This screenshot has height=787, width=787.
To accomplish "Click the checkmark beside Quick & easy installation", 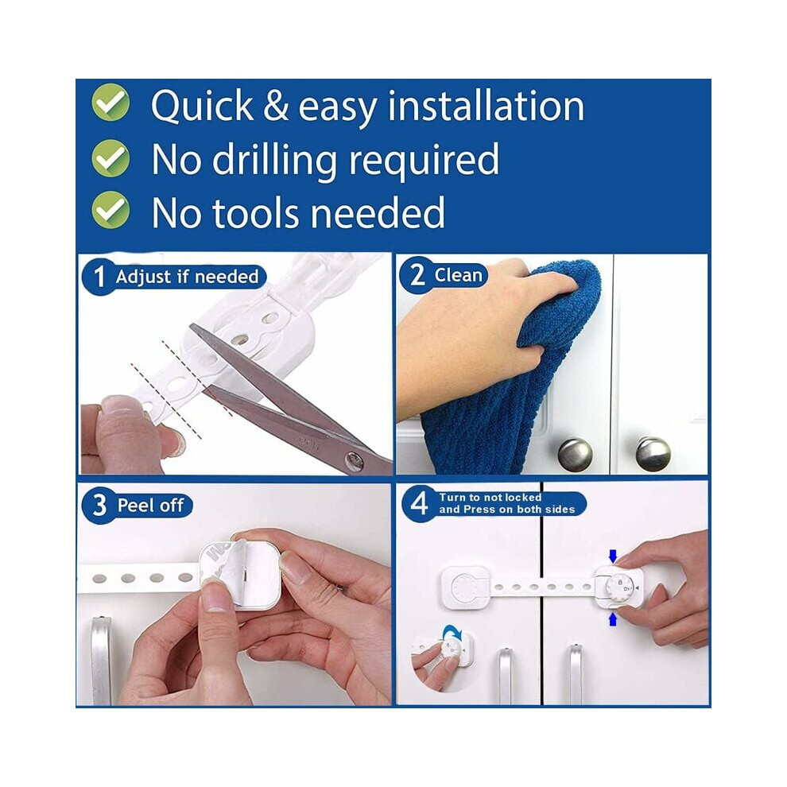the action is point(110,103).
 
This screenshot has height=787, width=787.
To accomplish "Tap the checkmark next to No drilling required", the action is point(110,157).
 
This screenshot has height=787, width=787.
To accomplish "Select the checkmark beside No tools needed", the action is point(110,211).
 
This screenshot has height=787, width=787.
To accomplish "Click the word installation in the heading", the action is point(487,106).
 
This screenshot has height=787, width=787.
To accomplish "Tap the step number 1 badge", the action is point(99,276).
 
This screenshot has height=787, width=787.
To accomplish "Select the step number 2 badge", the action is point(417,276).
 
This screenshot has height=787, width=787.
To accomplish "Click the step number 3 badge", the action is point(99,505).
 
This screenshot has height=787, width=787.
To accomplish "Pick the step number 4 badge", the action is point(419,503).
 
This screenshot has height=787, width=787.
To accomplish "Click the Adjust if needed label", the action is point(187,277).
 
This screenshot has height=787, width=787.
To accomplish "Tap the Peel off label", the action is point(150,505).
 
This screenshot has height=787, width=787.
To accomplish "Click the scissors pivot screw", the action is point(355,459).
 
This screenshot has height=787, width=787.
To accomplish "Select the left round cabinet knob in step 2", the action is point(576,454).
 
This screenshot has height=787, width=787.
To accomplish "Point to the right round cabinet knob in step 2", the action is point(653,454).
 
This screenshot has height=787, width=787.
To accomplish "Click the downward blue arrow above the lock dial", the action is point(612,556).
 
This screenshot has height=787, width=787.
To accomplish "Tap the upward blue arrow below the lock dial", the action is point(612,618).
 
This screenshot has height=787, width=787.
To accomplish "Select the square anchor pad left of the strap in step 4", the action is point(465,587).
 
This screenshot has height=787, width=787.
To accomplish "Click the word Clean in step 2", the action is point(458,275).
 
